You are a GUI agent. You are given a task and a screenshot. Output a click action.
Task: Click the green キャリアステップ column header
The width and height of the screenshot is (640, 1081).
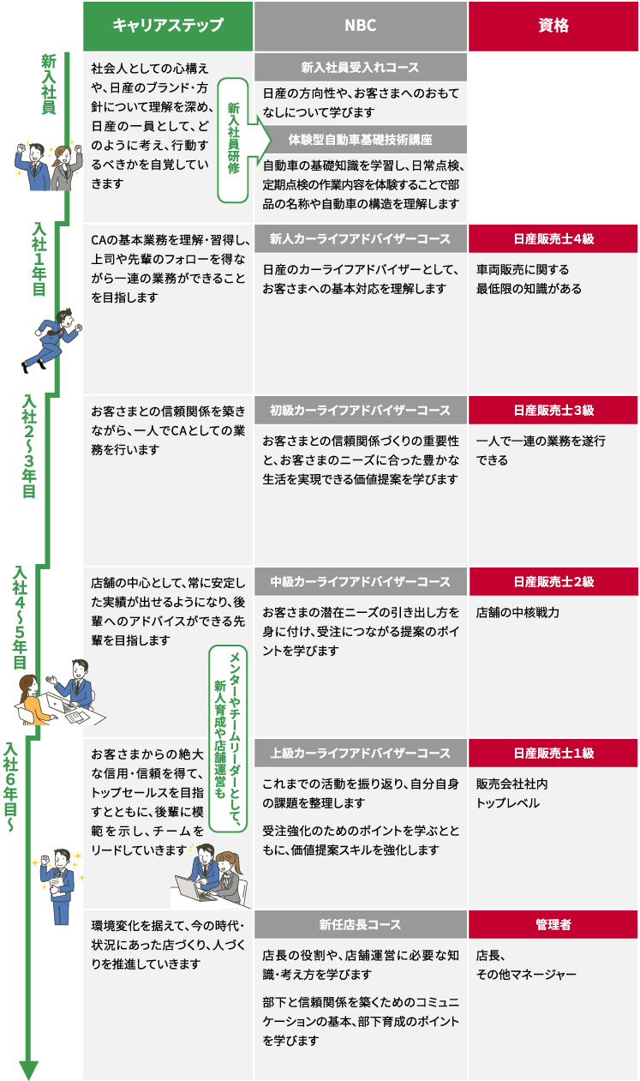(168, 26)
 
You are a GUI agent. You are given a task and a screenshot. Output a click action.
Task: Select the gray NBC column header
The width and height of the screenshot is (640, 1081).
(361, 26)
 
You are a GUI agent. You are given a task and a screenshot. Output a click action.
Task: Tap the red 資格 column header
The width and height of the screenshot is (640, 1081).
(553, 26)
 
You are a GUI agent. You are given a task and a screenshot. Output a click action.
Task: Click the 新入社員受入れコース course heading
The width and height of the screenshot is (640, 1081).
(361, 67)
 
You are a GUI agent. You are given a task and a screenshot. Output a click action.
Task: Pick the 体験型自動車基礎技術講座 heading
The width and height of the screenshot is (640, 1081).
(361, 140)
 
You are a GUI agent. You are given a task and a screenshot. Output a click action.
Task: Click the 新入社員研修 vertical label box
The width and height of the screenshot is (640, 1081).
(233, 140)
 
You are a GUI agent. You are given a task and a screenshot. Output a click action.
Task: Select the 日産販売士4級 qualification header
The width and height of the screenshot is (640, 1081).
(553, 238)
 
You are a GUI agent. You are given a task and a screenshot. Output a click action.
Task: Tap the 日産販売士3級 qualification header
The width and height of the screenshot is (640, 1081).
(553, 411)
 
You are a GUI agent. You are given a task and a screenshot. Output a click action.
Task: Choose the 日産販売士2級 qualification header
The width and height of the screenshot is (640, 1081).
(553, 581)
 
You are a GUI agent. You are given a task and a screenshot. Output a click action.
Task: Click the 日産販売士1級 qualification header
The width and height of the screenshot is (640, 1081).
(553, 753)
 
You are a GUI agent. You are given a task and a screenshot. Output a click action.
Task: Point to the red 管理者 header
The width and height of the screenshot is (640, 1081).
(553, 924)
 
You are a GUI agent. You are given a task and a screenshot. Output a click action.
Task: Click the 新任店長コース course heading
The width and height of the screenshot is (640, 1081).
(361, 924)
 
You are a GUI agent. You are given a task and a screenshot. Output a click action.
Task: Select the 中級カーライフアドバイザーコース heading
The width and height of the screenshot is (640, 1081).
(361, 581)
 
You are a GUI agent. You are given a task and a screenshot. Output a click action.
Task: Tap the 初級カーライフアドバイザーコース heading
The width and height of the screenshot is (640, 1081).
(361, 411)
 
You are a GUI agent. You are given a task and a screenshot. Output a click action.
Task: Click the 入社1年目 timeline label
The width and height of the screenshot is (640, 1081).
(39, 259)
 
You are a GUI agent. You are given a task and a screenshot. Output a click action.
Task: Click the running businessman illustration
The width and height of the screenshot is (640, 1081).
(52, 340)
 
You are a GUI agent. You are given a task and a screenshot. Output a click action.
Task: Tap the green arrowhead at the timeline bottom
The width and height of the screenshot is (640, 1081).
(28, 1068)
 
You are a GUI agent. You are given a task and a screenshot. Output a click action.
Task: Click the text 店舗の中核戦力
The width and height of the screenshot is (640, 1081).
(517, 612)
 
